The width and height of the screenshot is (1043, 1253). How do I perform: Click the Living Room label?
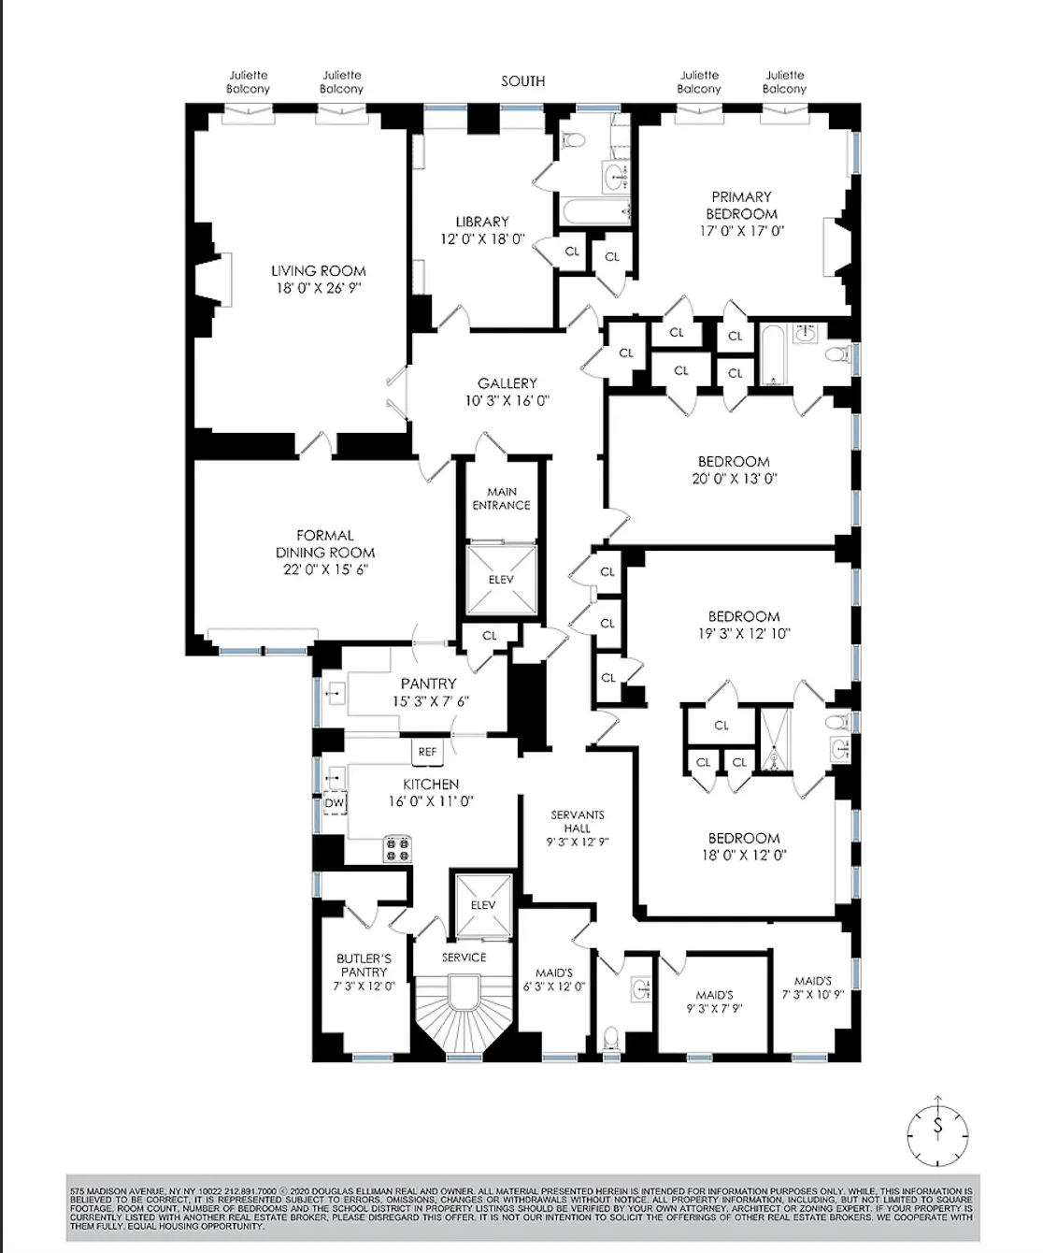coord(318,271)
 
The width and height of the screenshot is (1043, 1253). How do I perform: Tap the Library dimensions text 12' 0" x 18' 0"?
coord(482,239)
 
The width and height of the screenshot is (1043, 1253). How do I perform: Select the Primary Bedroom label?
coord(741,205)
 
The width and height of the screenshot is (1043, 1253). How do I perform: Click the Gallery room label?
coord(507,383)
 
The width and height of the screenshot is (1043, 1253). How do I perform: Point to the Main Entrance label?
coord(501,498)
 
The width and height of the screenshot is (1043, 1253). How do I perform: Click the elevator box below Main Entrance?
coord(502,580)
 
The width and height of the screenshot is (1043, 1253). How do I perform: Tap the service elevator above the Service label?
coord(482,904)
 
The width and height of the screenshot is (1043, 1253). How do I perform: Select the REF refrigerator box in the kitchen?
coord(427,752)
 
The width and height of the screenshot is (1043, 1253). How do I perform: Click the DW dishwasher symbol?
coord(335,803)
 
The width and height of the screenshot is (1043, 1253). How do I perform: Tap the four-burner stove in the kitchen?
coord(396,849)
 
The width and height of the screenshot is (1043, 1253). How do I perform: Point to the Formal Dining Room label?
coord(325,544)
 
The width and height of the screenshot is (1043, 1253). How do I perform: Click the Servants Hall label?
coord(577,821)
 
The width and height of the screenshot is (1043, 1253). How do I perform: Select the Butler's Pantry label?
coord(364,965)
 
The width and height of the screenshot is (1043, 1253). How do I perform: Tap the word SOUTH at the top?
coord(522,81)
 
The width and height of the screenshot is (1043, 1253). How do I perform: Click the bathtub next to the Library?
coord(594,211)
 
